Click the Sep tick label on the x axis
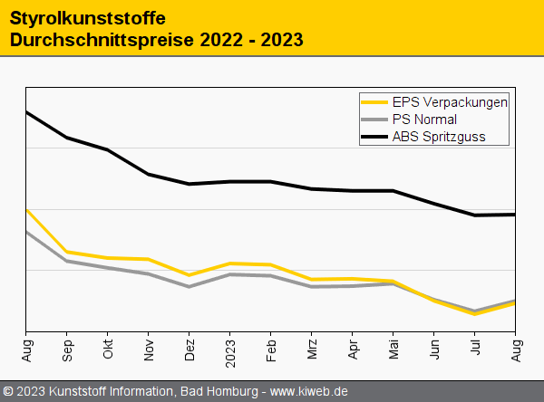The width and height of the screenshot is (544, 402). coord(67,349)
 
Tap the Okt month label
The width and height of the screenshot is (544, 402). coord(108,349)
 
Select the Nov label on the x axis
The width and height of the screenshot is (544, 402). coord(149,349)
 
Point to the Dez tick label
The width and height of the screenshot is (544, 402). coord(189,349)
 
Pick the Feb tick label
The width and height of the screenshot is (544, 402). coord(271,349)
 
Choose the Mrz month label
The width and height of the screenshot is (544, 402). coord(312,349)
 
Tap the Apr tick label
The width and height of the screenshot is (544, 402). coord(353,349)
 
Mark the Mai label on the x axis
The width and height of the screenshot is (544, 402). coord(393,349)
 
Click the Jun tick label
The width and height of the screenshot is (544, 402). coord(434,349)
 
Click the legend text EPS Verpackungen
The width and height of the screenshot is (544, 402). coord(450,101)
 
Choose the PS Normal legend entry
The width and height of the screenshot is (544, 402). coord(424,120)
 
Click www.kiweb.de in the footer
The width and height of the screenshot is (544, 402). coord(309,391)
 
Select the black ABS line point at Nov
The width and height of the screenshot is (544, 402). coord(149,174)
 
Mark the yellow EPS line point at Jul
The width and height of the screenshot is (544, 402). coord(475,314)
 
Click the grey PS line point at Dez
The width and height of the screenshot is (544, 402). coord(189,286)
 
